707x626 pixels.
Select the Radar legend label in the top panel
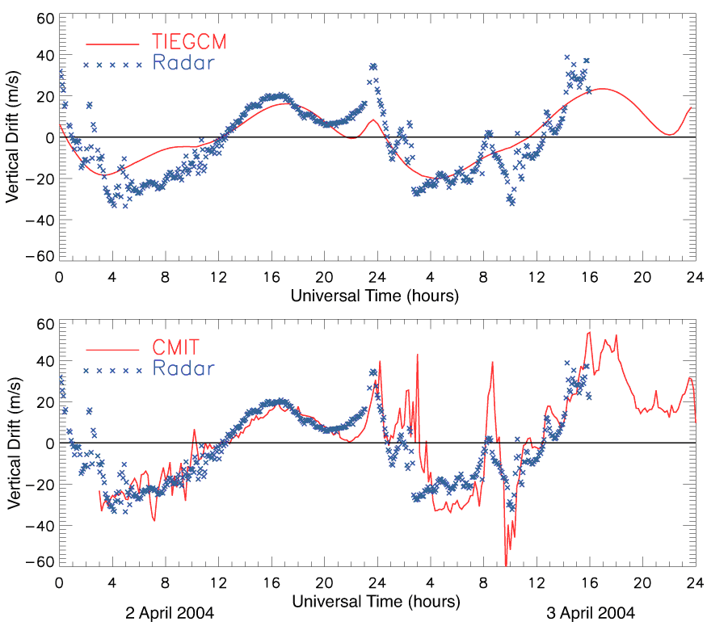pos(183,62)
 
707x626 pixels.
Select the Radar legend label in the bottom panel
pos(183,369)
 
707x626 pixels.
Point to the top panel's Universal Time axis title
pos(376,296)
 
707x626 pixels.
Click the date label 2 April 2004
pos(170,613)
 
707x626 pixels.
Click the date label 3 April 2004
pos(591,613)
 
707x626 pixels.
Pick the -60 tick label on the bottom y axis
pos(37,562)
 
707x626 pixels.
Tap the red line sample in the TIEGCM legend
pos(113,41)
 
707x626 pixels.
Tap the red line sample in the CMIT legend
pos(113,349)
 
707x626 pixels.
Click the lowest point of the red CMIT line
pos(506,565)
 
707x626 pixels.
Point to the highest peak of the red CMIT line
pos(589,332)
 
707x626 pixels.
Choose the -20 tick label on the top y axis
pos(37,177)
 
